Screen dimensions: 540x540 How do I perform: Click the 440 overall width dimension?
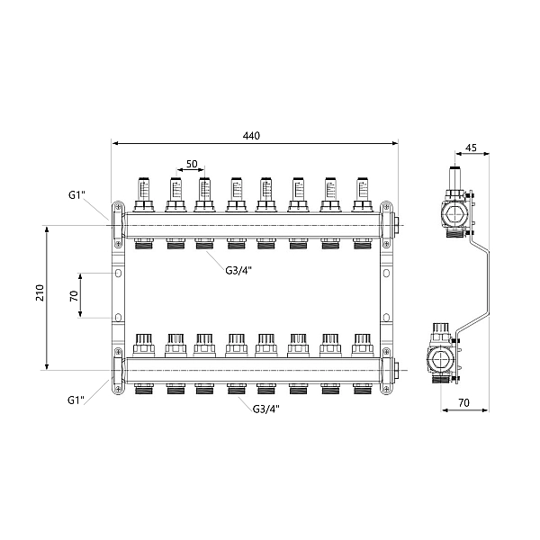251,136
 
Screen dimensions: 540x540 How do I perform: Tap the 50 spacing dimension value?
192,164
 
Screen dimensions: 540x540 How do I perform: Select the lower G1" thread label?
76,399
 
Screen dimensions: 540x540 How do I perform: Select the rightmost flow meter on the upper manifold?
362,188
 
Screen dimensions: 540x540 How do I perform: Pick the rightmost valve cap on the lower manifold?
362,344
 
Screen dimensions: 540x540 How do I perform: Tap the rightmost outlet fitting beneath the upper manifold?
362,242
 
